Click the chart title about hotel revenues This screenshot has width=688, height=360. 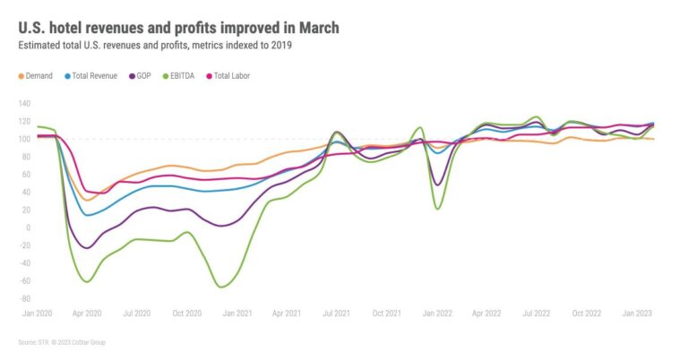[x=178, y=28]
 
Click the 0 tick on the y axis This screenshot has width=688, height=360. [x=29, y=227]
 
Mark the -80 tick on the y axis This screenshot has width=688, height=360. [x=25, y=298]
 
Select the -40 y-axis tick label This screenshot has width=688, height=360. [x=25, y=262]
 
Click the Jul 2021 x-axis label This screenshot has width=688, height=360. [x=335, y=313]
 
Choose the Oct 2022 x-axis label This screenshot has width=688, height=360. [x=586, y=313]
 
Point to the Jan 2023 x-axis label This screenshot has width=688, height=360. [x=636, y=313]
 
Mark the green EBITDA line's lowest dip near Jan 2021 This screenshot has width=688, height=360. [x=220, y=287]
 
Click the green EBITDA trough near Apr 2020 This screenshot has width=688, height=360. [x=87, y=281]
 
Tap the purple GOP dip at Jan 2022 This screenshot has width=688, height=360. [x=437, y=184]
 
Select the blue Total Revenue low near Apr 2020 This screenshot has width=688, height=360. [x=87, y=215]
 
